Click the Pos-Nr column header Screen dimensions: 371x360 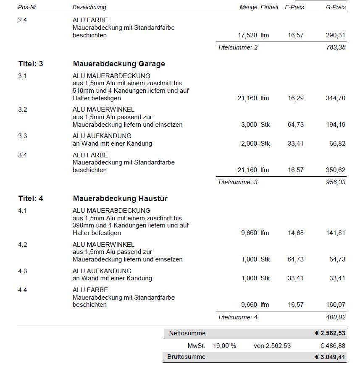click(27, 7)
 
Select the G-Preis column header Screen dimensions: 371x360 click(336, 7)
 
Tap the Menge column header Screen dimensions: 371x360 click(248, 7)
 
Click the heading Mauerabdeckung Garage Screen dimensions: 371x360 click(119, 64)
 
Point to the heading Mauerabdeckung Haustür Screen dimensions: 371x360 click(120, 199)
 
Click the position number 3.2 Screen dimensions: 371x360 click(23, 110)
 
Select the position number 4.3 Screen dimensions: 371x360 click(23, 271)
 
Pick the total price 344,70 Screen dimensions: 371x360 click(335, 98)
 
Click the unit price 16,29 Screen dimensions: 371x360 click(296, 98)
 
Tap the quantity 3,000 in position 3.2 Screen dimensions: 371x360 click(249, 125)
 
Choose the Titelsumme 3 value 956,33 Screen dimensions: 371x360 click(336, 182)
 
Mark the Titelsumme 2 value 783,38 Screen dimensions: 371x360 click(336, 47)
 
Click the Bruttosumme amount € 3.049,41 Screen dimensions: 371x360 click(330, 357)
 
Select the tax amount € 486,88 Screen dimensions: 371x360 click(332, 346)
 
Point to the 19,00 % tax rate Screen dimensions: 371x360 click(224, 346)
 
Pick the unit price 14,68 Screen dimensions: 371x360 click(296, 233)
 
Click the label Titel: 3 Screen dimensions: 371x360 click(31, 64)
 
